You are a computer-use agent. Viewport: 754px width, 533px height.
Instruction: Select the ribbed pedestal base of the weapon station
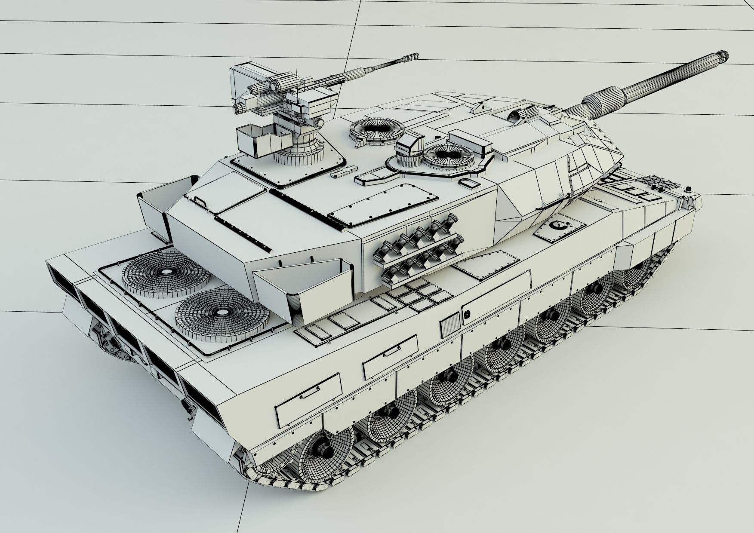(x=300, y=153)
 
